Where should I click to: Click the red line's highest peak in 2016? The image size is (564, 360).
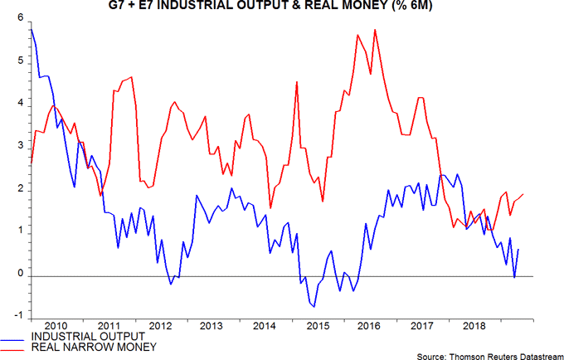[376, 30]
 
